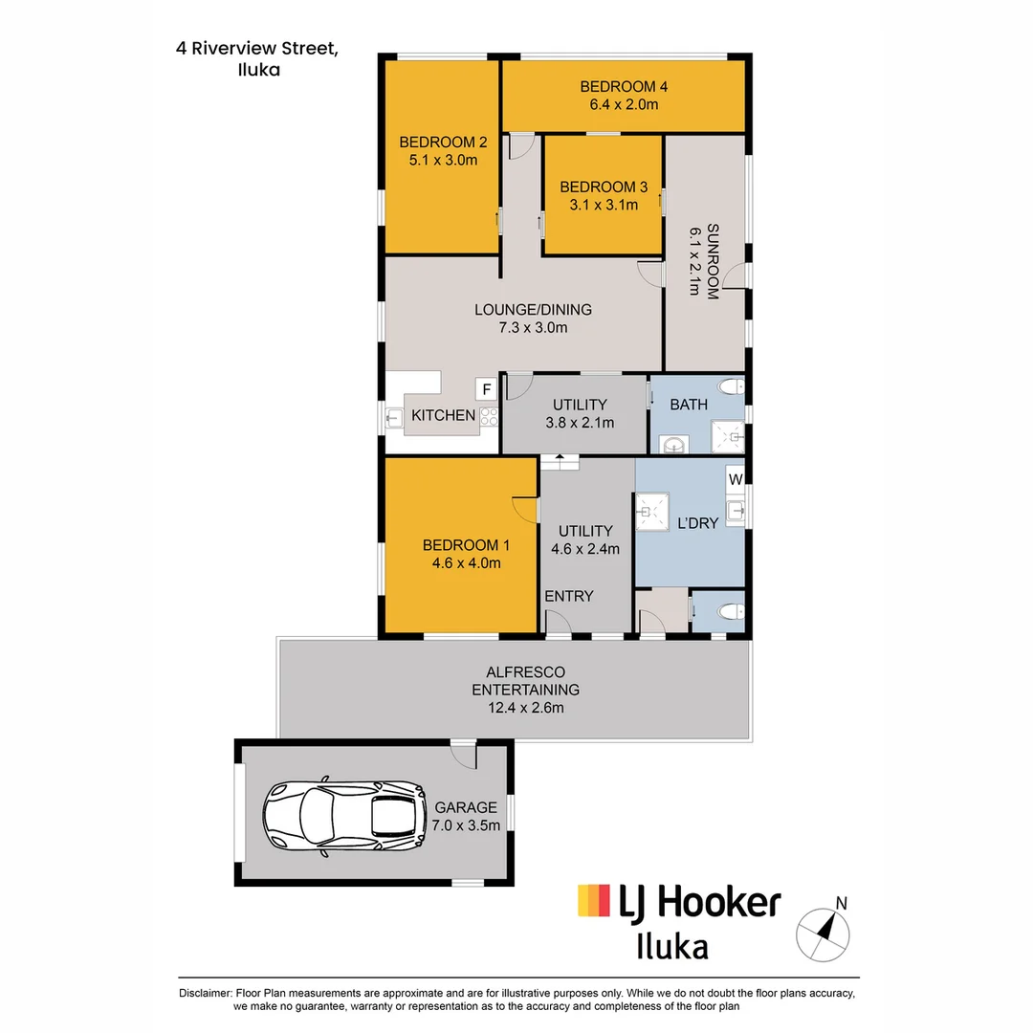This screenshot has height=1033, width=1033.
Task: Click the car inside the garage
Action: pos(344,817)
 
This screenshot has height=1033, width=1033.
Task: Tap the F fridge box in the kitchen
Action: pos(486,389)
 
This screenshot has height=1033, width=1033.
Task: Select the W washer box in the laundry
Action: pos(736,479)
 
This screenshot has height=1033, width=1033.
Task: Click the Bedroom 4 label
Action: pos(624,86)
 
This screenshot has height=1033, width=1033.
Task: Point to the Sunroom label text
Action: pos(713,261)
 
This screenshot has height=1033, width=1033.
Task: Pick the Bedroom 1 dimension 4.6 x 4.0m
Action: pos(467,562)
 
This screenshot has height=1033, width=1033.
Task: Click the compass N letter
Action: pos(841,903)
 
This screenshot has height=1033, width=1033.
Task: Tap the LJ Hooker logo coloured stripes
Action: pos(594,900)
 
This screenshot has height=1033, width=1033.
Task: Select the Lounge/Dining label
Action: pos(533,310)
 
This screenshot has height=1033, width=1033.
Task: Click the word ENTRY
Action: pos(568,596)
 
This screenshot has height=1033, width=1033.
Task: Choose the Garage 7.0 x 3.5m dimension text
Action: pos(466,825)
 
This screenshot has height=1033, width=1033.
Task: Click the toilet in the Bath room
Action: pos(732,386)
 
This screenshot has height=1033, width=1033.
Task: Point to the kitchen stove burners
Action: pos(489,416)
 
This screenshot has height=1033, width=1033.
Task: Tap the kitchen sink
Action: pos(394,418)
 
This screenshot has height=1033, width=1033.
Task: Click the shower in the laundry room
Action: pos(651,511)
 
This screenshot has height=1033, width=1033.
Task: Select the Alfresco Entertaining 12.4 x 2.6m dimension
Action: pos(526,708)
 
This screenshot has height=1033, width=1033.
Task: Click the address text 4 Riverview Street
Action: pos(257,48)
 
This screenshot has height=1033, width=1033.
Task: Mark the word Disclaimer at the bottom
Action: pos(206,993)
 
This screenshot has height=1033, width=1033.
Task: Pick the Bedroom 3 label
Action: pos(604,187)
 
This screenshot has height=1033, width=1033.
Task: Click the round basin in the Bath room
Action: pos(673,446)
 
